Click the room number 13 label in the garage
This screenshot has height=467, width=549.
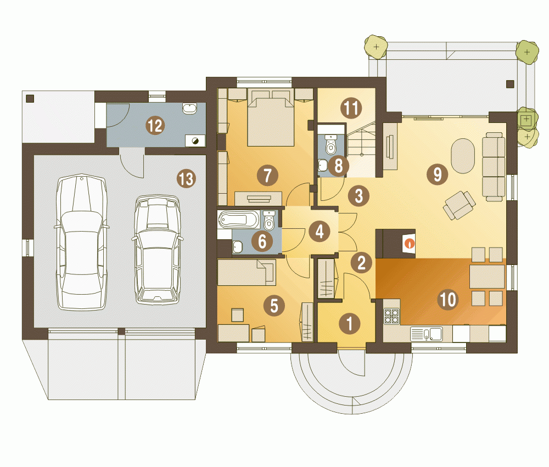click(x=186, y=178)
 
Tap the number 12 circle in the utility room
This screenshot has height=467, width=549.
click(x=155, y=125)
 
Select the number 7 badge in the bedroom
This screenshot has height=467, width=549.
click(x=267, y=176)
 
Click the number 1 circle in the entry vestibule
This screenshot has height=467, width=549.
click(x=350, y=323)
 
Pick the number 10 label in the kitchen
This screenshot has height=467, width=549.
click(x=448, y=300)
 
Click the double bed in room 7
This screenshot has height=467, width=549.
click(x=270, y=117)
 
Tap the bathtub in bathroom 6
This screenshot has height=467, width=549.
click(x=239, y=220)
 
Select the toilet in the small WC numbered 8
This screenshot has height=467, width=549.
click(x=330, y=144)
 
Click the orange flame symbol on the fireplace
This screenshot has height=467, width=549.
click(x=410, y=243)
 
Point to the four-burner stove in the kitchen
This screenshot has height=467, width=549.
click(x=392, y=316)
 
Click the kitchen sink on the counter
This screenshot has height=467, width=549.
click(x=426, y=334)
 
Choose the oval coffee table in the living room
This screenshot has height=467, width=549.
click(x=462, y=156)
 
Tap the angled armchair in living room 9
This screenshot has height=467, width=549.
click(x=459, y=205)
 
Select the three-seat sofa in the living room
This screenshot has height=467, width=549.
click(x=494, y=167)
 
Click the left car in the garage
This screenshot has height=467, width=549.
click(x=82, y=241)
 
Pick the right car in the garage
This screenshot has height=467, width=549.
click(x=158, y=249)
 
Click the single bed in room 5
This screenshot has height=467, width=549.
click(x=247, y=272)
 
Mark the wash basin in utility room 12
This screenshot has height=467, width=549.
click(x=189, y=108)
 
